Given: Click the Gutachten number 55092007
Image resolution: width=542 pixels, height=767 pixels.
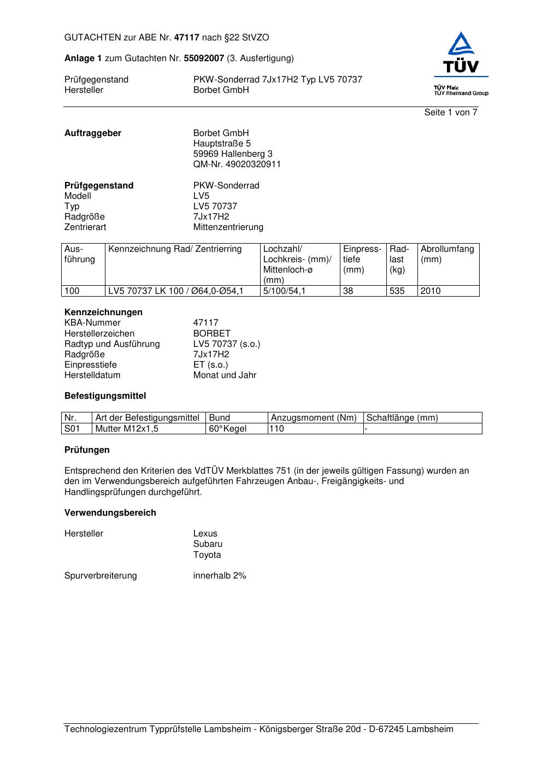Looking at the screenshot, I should point(204,58).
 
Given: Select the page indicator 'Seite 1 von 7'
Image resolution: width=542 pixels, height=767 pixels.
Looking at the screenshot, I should point(451,113).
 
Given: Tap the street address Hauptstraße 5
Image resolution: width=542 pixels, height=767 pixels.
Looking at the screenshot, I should point(222,144).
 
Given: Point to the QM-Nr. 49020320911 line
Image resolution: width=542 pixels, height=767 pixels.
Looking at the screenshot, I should point(237,164).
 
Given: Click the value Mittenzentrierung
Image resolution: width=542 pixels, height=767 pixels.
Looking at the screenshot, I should point(228,227).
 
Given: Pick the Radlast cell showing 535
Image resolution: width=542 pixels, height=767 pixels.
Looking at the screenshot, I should point(397,291).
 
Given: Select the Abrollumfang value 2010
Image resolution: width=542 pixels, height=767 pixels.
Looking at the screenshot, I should point(431,291).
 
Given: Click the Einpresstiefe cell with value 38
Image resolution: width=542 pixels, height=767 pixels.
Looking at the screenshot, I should point(348,291).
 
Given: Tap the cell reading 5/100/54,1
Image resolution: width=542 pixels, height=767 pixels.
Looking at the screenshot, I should point(284,291).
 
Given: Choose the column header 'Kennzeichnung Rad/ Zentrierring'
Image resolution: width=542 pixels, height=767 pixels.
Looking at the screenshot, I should point(175,249).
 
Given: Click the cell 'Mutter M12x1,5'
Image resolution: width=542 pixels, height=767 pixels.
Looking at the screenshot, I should point(127,429).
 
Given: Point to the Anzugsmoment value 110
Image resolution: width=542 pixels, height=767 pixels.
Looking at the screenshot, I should point(278,429).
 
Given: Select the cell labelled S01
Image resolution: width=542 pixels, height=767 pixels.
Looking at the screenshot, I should point(72,429).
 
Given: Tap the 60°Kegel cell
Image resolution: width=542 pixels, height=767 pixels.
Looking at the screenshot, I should point(227,429).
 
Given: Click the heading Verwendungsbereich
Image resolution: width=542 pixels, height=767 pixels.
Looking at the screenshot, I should point(110,513).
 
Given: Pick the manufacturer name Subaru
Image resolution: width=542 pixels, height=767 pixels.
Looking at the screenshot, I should point(208,544).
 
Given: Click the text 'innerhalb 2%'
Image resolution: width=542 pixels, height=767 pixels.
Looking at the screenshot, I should point(220,576).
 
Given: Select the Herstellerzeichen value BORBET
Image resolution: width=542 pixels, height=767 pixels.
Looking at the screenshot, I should point(211,334).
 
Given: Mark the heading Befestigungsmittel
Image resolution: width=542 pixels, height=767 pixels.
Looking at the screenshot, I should point(105,396).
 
